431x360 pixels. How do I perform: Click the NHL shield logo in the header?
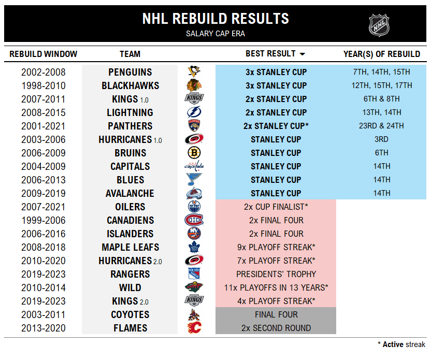(379, 25)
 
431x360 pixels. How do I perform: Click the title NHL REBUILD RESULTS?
(215, 19)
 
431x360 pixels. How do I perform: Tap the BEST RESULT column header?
(270, 54)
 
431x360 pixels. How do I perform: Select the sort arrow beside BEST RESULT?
(303, 54)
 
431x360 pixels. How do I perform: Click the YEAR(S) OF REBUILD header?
(382, 54)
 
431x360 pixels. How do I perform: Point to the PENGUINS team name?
(130, 72)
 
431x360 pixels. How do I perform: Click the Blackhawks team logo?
(194, 85)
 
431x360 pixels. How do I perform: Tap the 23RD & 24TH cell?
(382, 126)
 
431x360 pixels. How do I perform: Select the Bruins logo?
(194, 153)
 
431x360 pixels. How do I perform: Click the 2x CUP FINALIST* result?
(276, 207)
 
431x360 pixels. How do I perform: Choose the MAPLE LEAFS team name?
(130, 247)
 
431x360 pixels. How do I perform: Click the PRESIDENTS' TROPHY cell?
(276, 274)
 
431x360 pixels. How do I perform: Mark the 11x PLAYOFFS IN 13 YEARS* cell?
(276, 287)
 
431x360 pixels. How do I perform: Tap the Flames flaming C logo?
(194, 328)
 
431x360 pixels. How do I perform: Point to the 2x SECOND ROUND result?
(276, 328)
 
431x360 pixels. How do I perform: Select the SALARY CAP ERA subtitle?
(215, 34)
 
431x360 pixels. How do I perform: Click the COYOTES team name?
(130, 314)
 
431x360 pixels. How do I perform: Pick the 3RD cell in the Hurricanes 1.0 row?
(382, 139)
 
